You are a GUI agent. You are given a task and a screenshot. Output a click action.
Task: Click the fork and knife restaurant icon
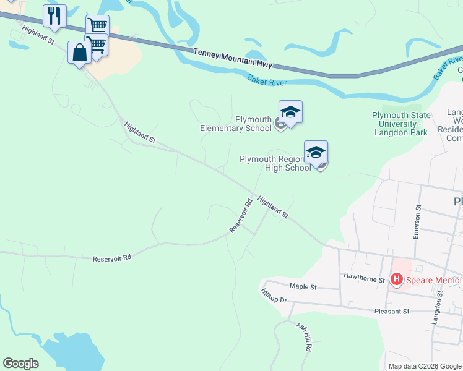[x=54, y=15]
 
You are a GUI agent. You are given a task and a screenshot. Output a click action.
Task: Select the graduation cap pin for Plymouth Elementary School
[x=290, y=112]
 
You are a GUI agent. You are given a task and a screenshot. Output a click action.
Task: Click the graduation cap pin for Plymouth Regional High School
[x=316, y=152]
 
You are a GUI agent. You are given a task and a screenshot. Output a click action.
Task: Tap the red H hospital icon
[x=397, y=279]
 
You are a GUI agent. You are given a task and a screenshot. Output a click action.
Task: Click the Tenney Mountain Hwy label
[x=232, y=59]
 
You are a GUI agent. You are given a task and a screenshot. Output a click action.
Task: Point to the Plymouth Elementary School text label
[x=236, y=124]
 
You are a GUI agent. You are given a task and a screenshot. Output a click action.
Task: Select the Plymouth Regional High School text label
[x=275, y=163]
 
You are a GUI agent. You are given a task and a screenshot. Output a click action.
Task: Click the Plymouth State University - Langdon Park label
[x=400, y=120]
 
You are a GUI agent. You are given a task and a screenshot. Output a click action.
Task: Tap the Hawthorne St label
[x=364, y=279]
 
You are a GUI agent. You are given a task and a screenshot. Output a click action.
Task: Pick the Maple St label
[x=303, y=287]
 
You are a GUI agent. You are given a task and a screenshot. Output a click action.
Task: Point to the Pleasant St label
[x=392, y=312]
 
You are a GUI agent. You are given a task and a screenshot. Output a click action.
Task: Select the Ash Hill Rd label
[x=303, y=336]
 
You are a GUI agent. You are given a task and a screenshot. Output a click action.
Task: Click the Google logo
[x=20, y=364]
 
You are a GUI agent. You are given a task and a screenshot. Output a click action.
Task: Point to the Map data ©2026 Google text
[x=425, y=366]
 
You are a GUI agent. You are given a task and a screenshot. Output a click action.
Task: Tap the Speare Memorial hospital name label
[x=434, y=280]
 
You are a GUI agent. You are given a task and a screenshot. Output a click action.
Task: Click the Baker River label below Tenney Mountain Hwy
[x=269, y=81]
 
